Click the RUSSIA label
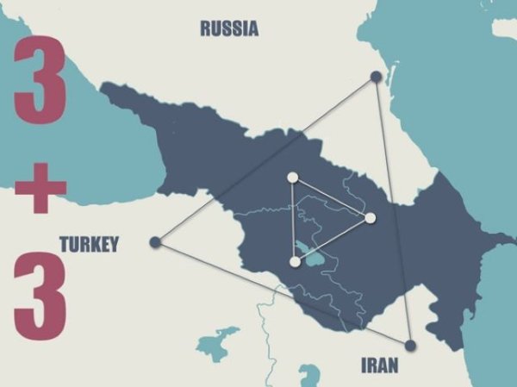[x=229, y=28]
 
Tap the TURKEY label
[x=89, y=245]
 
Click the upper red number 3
[x=39, y=80]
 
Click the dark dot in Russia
[x=376, y=77]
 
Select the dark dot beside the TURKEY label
[x=155, y=242]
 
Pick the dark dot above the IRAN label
[x=410, y=345]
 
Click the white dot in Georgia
[x=292, y=178]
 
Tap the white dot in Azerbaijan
[x=371, y=218]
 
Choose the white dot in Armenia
[x=295, y=261]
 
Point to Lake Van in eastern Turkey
[x=216, y=341]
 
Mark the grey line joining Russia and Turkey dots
[x=265, y=159]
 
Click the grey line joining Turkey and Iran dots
[x=283, y=293]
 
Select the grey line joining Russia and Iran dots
[x=393, y=211]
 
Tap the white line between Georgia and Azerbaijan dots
[x=332, y=198]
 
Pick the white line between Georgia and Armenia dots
[x=293, y=220]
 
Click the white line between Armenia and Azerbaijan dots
[x=333, y=240]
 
